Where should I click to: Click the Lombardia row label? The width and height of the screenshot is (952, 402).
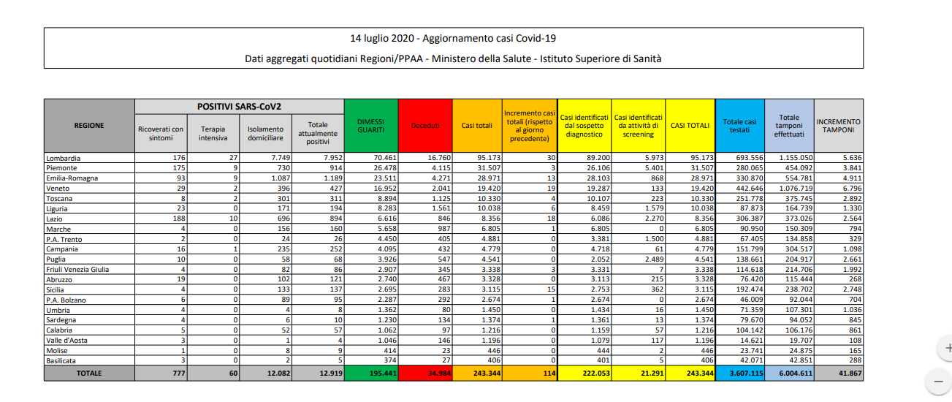[64, 158]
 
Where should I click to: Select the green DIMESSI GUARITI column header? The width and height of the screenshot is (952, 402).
[370, 125]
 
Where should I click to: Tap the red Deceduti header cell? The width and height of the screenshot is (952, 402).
[425, 126]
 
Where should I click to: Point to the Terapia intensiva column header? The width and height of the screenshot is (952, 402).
[213, 133]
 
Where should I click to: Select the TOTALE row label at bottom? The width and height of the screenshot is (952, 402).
[88, 373]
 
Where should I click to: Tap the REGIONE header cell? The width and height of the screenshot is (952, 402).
[88, 125]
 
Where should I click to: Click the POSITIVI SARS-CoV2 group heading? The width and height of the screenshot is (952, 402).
[239, 107]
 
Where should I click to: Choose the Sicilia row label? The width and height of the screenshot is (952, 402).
[58, 290]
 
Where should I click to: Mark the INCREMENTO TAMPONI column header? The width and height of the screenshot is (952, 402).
[838, 125]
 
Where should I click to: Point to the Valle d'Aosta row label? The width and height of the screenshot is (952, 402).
[64, 341]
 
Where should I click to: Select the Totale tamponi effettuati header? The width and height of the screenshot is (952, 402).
[788, 125]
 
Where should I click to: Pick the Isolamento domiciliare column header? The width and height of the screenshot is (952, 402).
[265, 133]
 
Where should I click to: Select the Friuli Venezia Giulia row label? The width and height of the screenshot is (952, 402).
[77, 270]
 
